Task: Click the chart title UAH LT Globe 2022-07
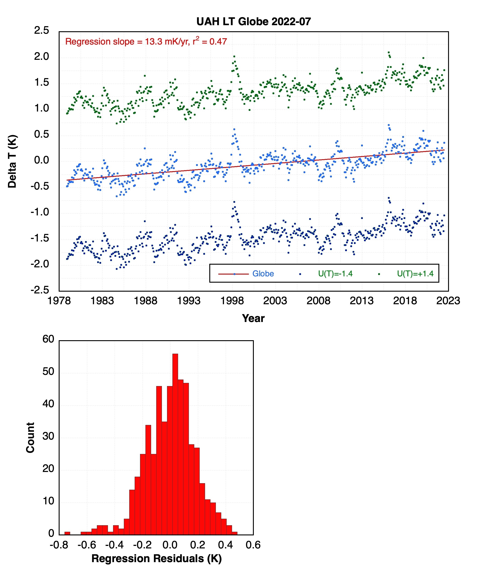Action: click(253, 22)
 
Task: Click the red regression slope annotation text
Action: click(146, 42)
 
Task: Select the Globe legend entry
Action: click(263, 273)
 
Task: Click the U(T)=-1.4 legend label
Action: click(335, 273)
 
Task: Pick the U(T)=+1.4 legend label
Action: click(415, 273)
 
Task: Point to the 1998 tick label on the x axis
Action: click(232, 301)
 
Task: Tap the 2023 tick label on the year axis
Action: click(448, 301)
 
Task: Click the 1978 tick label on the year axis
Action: click(59, 301)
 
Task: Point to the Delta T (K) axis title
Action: click(12, 161)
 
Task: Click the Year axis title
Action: click(253, 318)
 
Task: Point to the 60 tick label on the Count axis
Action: click(48, 339)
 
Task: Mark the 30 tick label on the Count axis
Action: click(48, 436)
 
